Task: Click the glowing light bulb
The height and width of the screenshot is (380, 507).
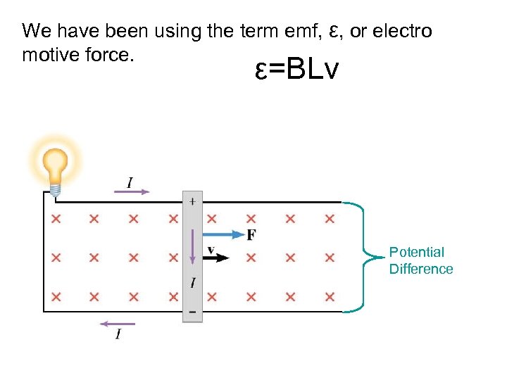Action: coord(55,165)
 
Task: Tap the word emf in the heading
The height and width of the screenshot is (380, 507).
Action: coord(303,32)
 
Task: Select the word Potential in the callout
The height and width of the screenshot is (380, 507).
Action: coord(417,252)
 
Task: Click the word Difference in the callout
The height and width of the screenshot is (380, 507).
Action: coord(421,269)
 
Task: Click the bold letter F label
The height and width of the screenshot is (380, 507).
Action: coord(251,234)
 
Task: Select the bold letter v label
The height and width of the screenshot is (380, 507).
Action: coord(211,248)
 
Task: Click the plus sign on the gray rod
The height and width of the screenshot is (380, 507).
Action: coord(193,201)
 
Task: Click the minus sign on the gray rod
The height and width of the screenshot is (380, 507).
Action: coord(193,311)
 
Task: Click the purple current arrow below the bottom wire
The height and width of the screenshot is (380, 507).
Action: coord(117,324)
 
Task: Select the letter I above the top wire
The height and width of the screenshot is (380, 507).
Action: coord(130,182)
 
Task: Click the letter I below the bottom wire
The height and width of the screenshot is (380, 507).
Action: coord(118,334)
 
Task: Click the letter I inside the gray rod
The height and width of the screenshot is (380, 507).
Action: coord(193,283)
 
